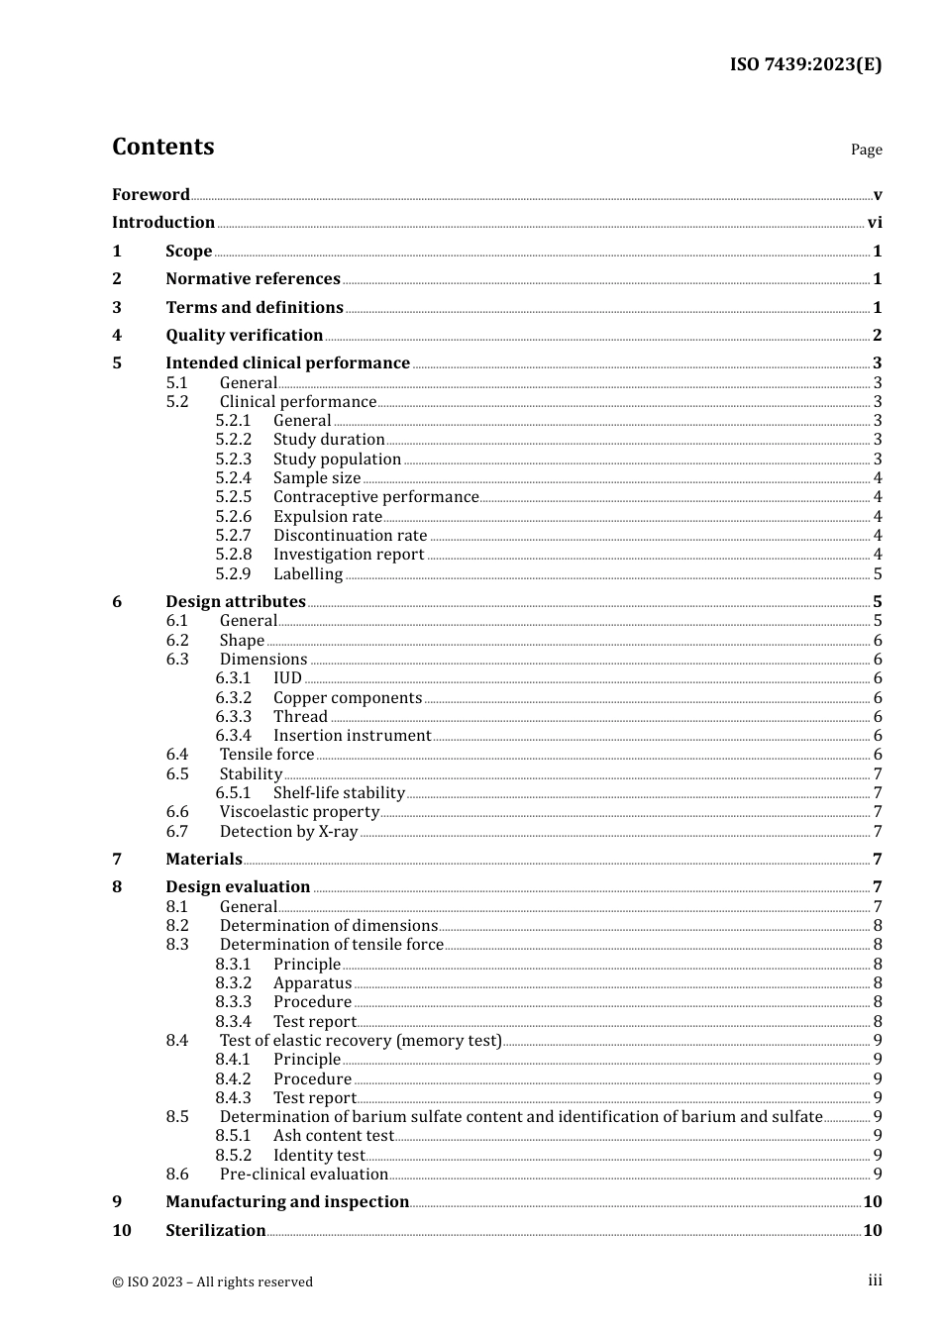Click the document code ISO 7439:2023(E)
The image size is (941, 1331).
(805, 64)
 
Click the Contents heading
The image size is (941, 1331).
(162, 147)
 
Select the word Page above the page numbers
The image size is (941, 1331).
(866, 150)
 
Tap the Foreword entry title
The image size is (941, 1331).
(151, 194)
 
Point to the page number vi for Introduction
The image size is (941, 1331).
(875, 223)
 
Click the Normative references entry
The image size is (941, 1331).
(253, 279)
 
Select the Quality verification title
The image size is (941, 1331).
(244, 336)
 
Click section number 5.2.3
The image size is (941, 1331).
(234, 460)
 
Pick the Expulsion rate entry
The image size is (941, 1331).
(327, 517)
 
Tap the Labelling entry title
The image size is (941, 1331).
(307, 574)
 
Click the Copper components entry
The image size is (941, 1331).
(347, 698)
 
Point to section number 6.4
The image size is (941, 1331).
(177, 755)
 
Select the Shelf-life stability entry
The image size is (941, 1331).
(339, 793)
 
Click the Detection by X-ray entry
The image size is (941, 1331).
(288, 832)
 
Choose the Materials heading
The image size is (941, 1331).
(204, 860)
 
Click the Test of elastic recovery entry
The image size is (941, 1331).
(361, 1041)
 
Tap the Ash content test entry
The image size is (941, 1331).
(334, 1136)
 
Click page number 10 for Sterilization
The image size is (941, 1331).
(872, 1231)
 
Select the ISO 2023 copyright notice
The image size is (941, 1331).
(212, 1282)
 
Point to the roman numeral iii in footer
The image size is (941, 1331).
(875, 1280)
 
